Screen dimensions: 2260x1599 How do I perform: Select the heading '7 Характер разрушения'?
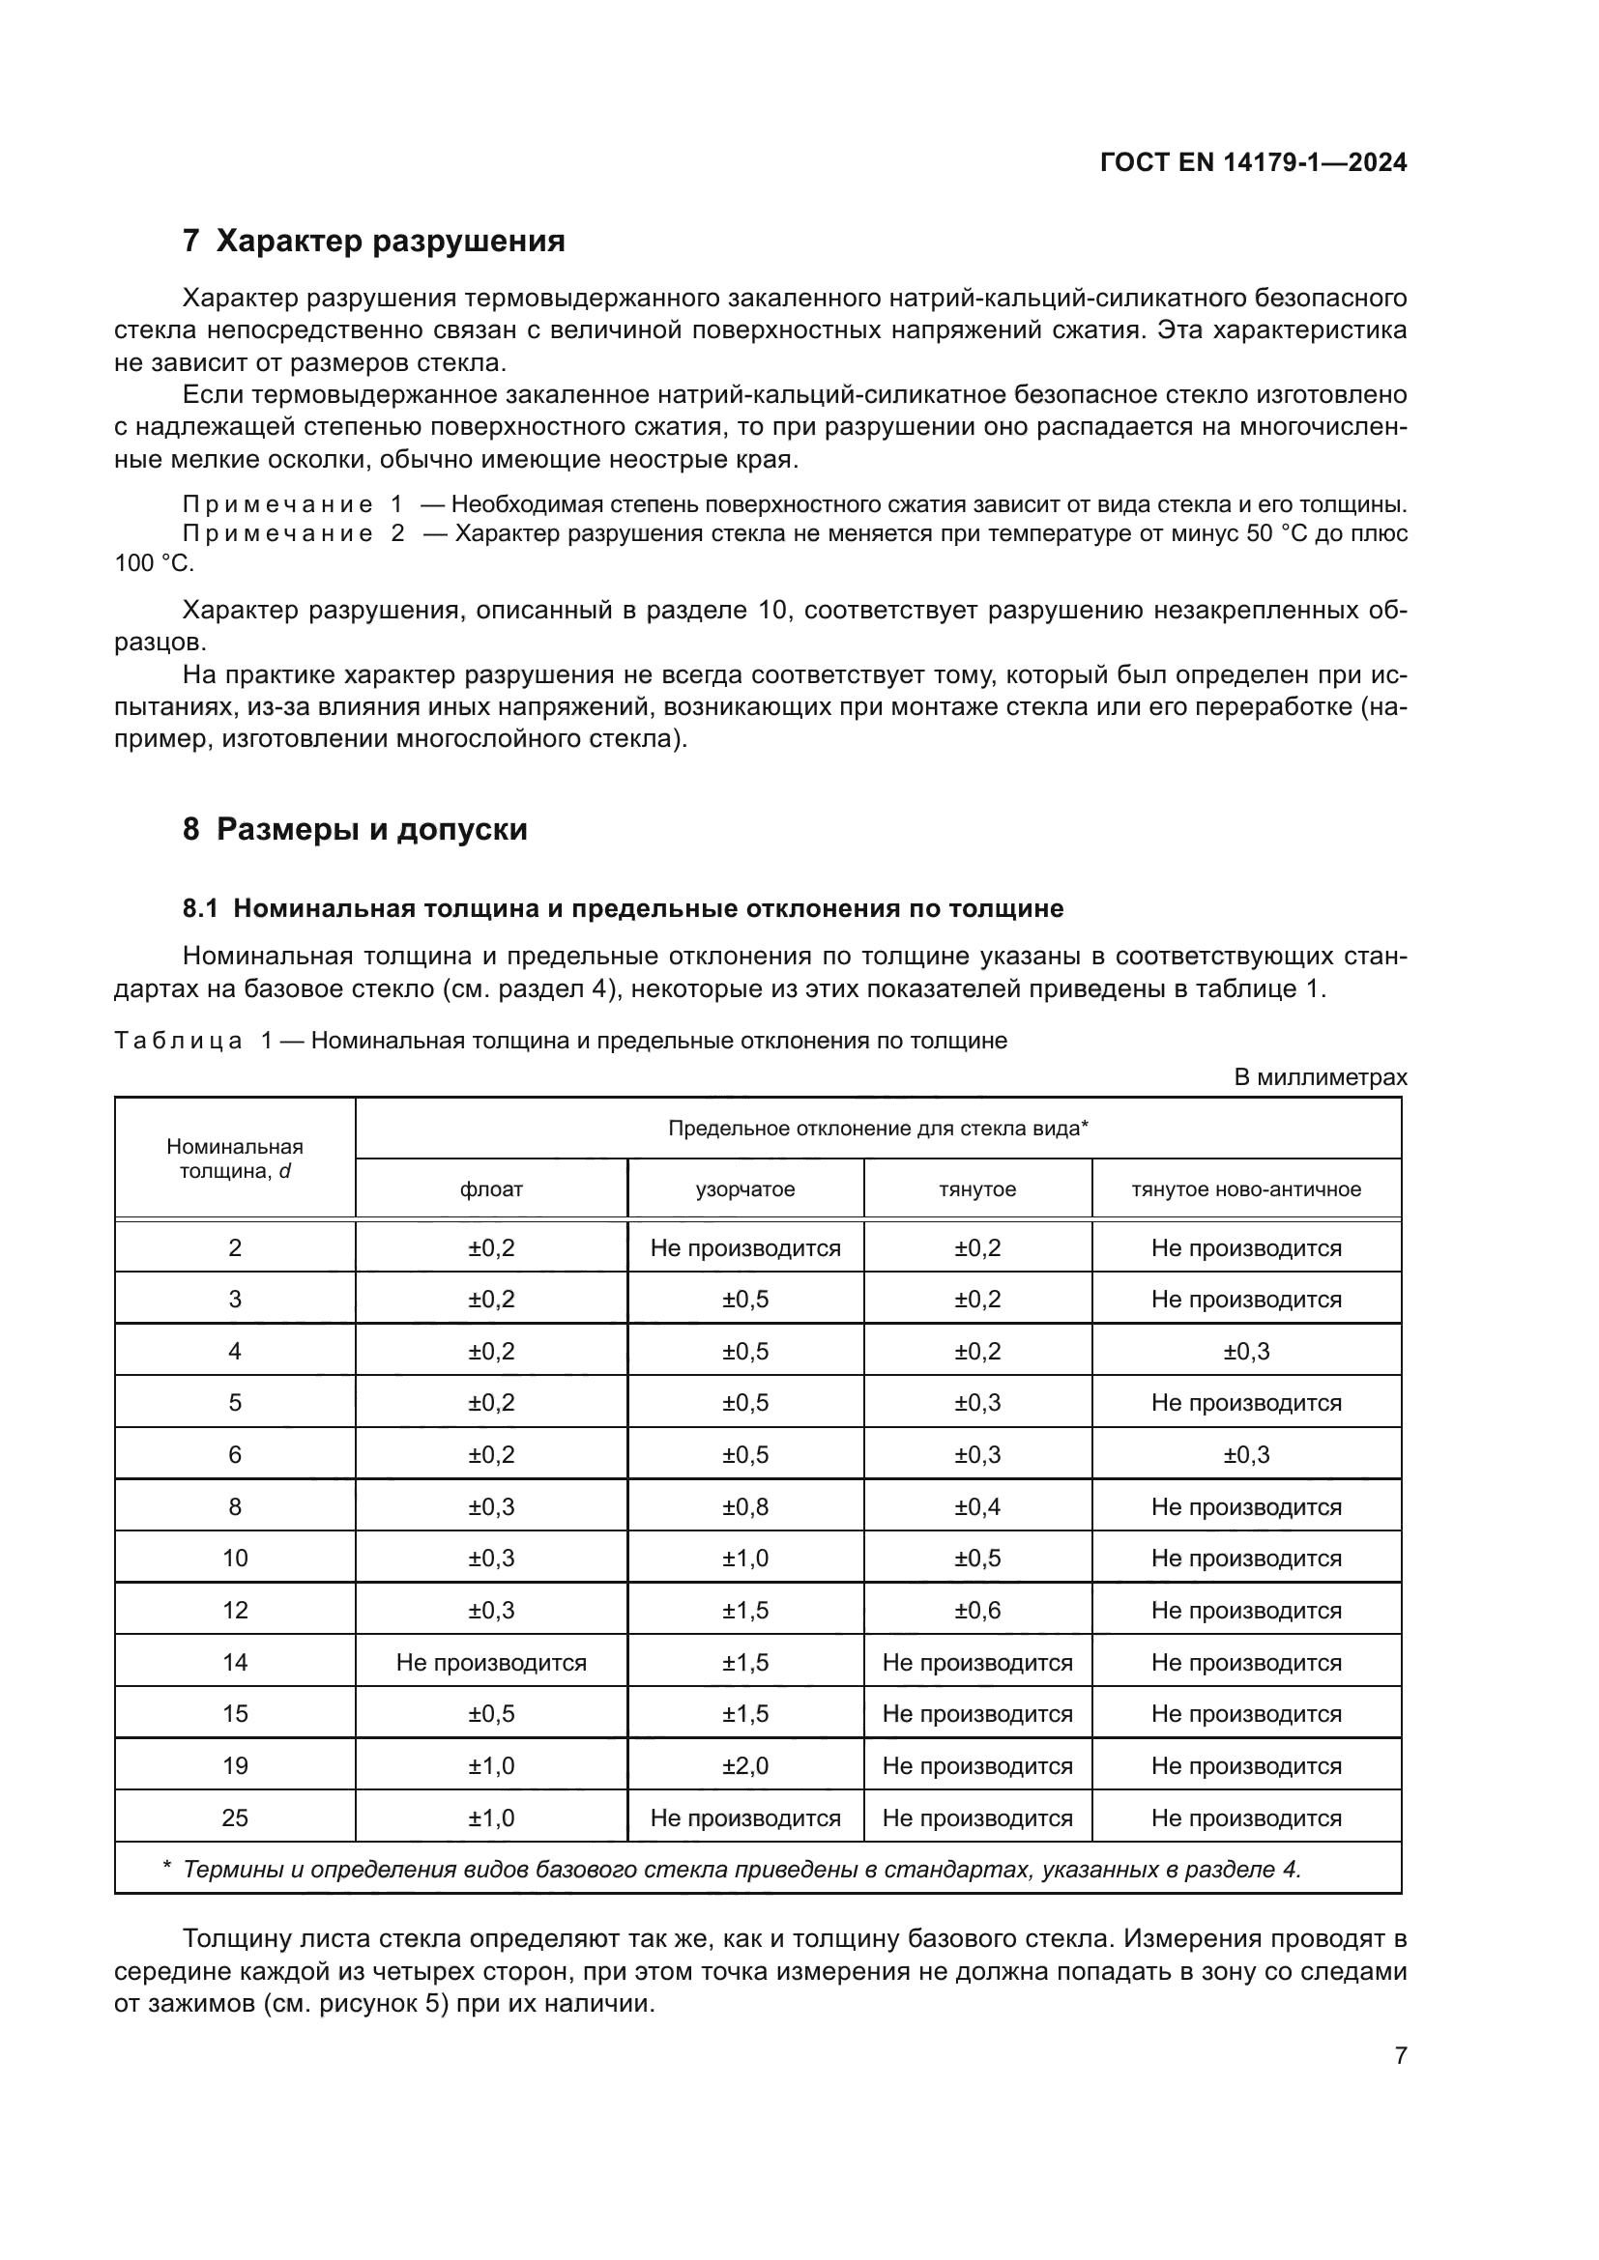pos(373,242)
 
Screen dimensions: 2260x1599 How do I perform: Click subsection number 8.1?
pos(200,908)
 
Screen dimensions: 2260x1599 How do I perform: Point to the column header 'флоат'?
pos(490,1189)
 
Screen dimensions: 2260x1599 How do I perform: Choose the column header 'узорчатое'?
pos(744,1189)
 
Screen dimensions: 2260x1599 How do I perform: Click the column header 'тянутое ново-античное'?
pos(1245,1189)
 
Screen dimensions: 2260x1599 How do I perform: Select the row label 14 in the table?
pos(234,1663)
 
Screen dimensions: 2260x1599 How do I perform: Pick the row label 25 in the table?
pos(234,1818)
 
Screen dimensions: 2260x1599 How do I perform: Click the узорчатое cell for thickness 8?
pos(744,1507)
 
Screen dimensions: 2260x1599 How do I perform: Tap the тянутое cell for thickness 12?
pos(976,1611)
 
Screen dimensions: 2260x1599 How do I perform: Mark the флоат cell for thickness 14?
pos(490,1663)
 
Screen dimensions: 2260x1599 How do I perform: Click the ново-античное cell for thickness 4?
pos(1245,1352)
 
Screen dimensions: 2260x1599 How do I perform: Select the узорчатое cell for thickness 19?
pos(744,1766)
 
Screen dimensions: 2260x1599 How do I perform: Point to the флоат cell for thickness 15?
pos(490,1714)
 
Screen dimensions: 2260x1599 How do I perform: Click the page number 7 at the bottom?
pos(1400,2056)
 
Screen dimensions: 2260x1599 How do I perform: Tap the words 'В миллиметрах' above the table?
pos(1320,1078)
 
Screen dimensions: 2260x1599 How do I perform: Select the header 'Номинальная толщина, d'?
pos(234,1159)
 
